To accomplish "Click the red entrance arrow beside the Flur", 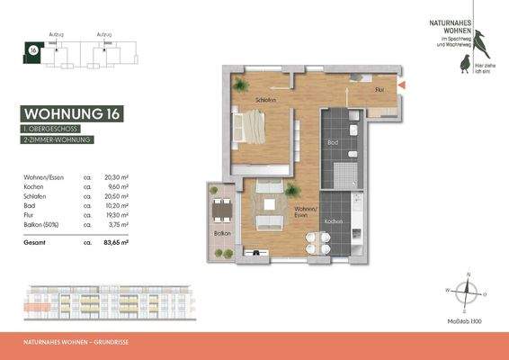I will (402, 85).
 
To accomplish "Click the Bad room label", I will (333, 143).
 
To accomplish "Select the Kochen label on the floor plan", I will (333, 220).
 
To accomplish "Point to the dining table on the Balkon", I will (219, 212).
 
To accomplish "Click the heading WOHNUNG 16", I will (72, 114).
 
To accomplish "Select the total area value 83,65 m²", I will (117, 243).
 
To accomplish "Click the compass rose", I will (467, 292).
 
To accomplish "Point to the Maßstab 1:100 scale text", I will (467, 319).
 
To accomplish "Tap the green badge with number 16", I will (33, 51).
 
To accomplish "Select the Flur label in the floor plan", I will (380, 90).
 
